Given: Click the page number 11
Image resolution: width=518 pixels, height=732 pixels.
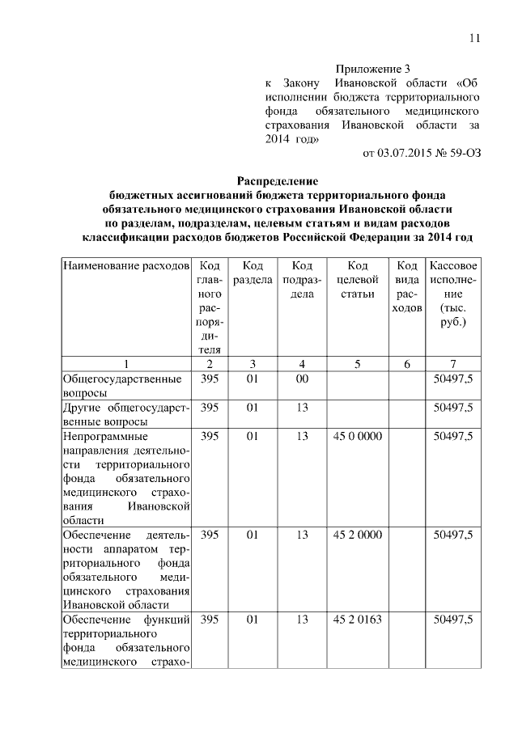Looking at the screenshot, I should [473, 38].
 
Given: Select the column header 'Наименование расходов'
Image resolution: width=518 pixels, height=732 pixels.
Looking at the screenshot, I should [126, 266].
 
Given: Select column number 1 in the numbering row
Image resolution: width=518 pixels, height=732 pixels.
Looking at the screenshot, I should [126, 364].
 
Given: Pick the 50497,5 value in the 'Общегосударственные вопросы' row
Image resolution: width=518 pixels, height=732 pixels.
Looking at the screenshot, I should [453, 379].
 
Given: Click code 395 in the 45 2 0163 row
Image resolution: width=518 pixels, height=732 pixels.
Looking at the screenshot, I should [210, 620].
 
